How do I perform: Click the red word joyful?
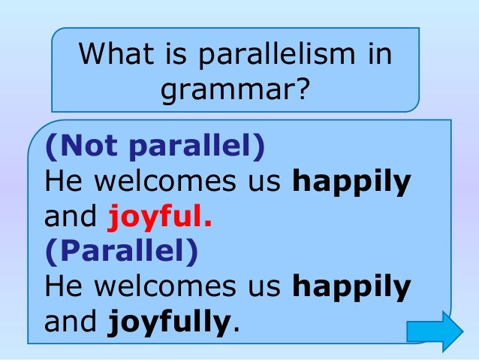tap(158, 217)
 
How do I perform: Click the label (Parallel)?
tap(122, 252)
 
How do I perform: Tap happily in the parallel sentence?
tap(351, 287)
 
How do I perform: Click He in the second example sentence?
tap(61, 287)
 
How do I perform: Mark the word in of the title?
tap(380, 55)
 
